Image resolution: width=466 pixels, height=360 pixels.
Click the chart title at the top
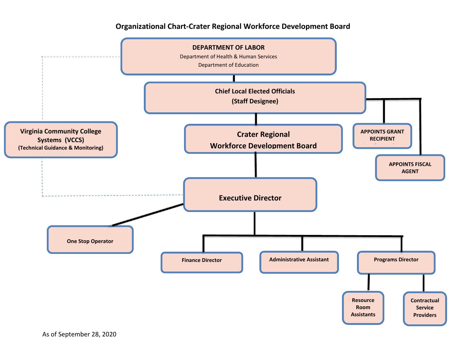(x=233, y=26)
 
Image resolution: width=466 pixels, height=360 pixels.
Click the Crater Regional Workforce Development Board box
(x=263, y=139)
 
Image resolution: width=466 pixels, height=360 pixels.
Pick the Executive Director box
(x=250, y=195)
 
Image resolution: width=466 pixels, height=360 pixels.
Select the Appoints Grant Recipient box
(x=382, y=136)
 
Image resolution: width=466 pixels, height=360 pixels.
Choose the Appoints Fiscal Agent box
(x=410, y=168)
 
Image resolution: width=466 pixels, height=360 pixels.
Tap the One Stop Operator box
(x=90, y=240)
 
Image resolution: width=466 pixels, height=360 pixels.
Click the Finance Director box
(x=202, y=262)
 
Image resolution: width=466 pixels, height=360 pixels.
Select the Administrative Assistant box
(x=299, y=262)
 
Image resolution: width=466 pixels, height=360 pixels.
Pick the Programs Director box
(x=396, y=263)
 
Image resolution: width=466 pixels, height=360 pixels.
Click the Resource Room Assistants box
(x=363, y=308)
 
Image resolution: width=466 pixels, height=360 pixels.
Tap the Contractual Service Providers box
(x=425, y=308)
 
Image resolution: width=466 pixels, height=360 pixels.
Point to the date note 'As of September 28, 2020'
(x=79, y=334)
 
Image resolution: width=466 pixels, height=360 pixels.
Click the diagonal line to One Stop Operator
(x=148, y=215)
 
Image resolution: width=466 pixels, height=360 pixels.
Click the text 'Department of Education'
(x=228, y=65)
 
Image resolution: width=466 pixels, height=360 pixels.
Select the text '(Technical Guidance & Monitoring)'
(x=61, y=148)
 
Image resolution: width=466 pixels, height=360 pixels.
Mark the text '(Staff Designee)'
(x=255, y=101)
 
